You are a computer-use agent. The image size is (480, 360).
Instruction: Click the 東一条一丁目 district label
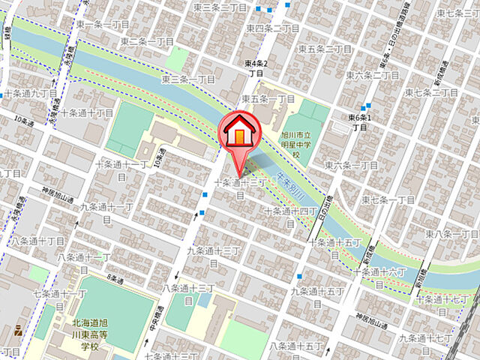pyautogui.click(x=103, y=25)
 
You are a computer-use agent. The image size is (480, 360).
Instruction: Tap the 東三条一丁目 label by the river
pyautogui.click(x=187, y=79)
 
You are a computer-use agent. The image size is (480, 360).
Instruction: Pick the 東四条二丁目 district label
pyautogui.click(x=273, y=28)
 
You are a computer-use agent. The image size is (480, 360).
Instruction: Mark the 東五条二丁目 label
pyautogui.click(x=325, y=49)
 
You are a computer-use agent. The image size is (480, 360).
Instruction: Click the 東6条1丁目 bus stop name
pyautogui.click(x=360, y=122)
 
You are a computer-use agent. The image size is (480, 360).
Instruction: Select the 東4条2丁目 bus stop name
pyautogui.click(x=256, y=69)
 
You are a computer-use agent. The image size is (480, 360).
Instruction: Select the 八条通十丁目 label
pyautogui.click(x=37, y=241)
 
